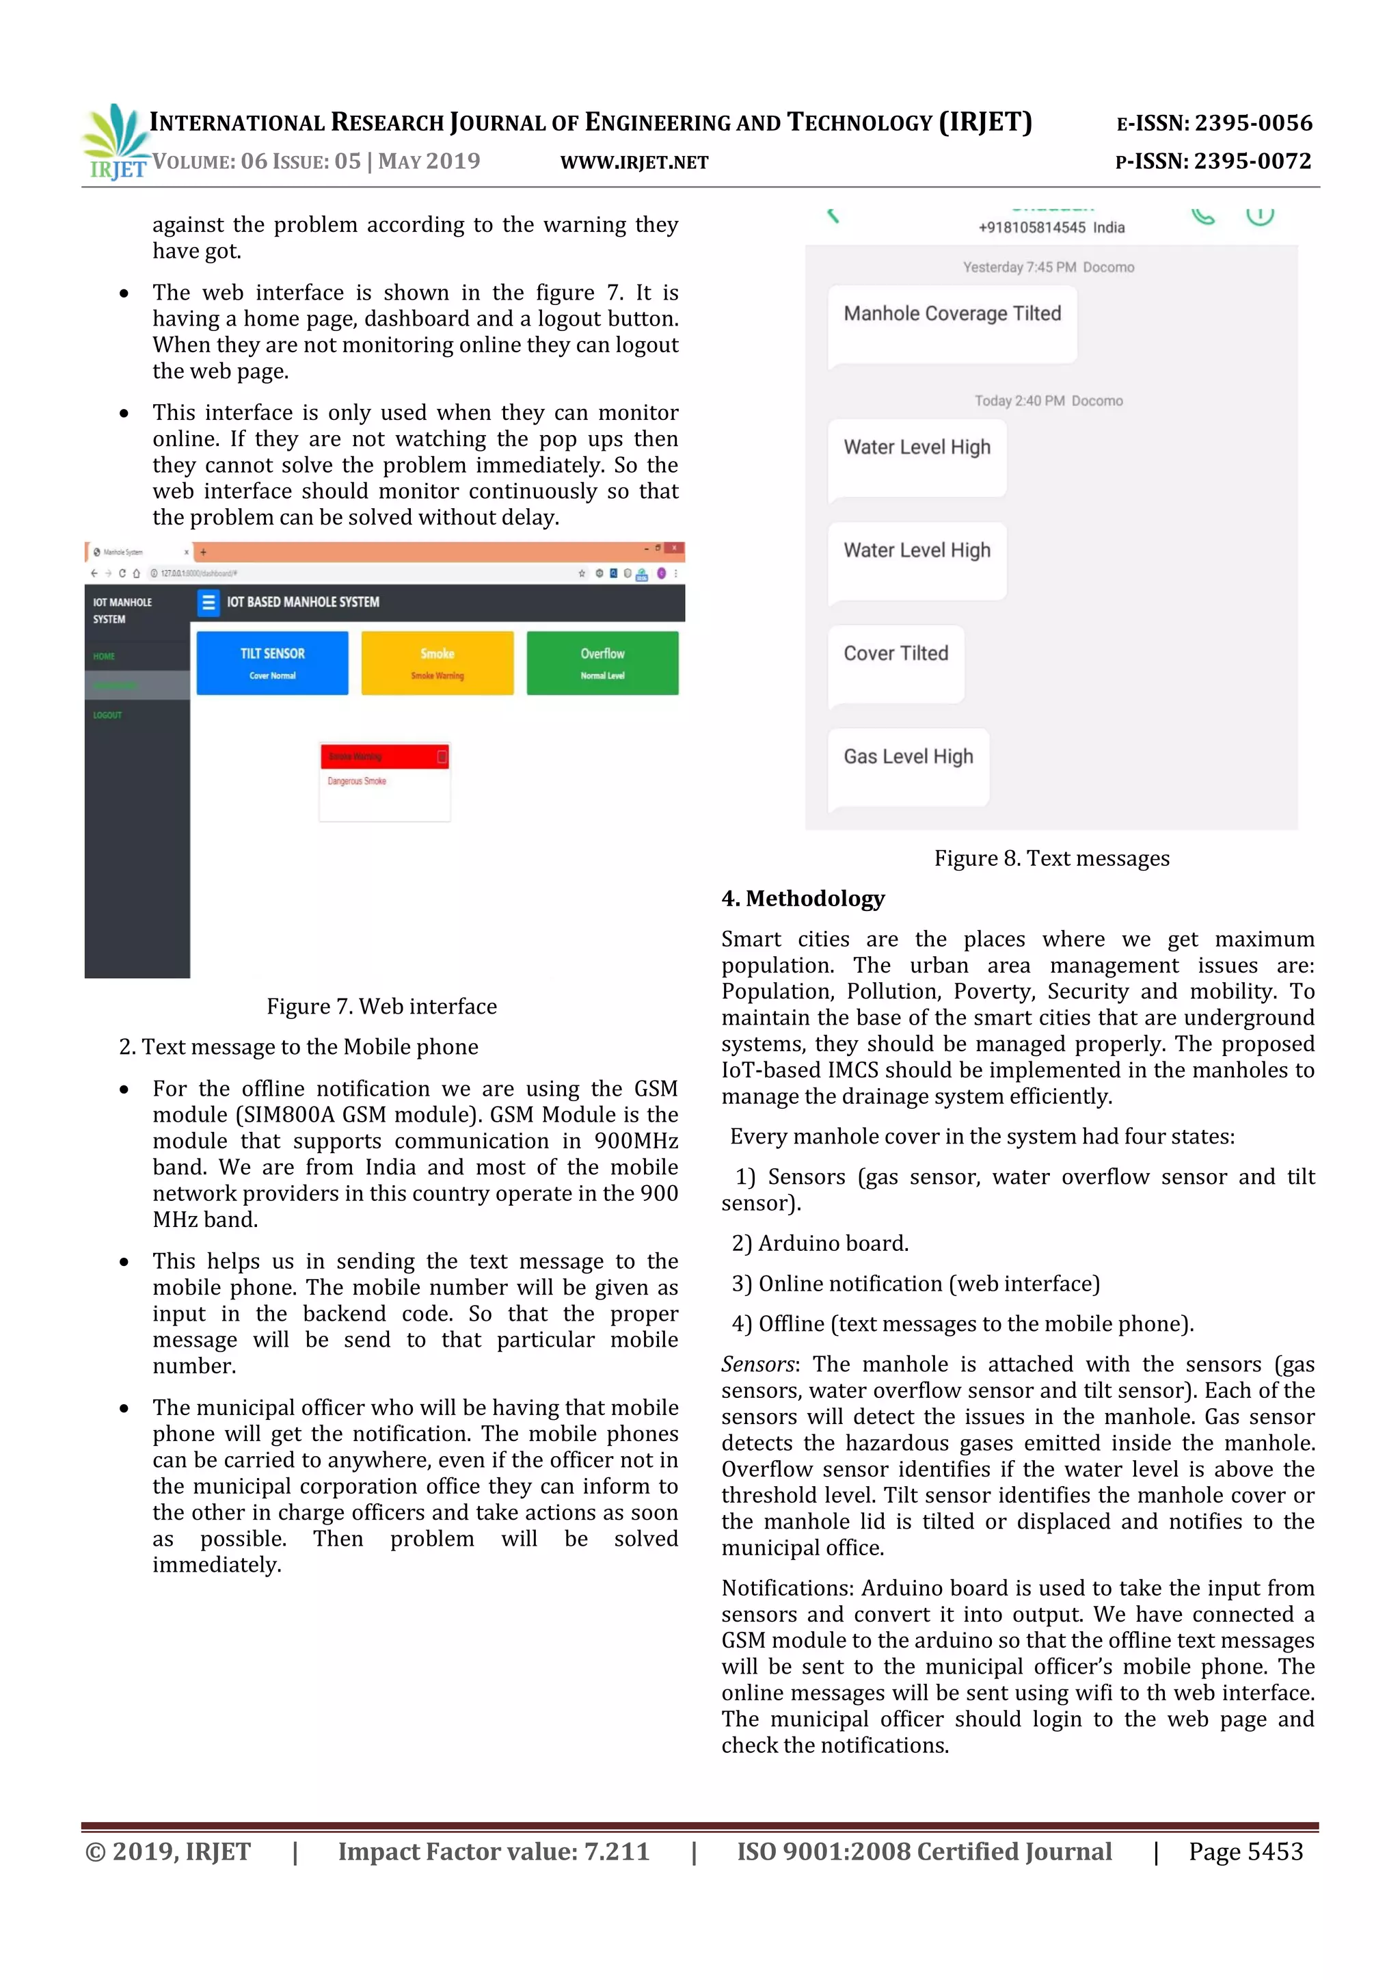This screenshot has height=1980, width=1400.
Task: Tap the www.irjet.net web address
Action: pos(634,162)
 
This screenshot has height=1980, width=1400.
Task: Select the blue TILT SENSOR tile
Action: pos(273,662)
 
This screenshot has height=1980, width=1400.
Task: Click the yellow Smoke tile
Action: pos(437,662)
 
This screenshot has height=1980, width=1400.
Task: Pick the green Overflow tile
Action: pos(602,662)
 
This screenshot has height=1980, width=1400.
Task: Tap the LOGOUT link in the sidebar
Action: pos(108,715)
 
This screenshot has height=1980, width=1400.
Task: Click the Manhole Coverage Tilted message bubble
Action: pos(952,324)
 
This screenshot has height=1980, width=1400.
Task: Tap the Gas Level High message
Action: pos(908,766)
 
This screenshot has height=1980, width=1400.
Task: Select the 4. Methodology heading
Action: pos(803,899)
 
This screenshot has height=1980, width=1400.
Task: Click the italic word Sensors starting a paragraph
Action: pos(757,1364)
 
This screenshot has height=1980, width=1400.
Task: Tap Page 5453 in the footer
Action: pos(1245,1851)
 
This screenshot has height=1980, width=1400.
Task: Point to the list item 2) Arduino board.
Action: pos(819,1243)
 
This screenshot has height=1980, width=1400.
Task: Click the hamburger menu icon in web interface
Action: pos(208,602)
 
